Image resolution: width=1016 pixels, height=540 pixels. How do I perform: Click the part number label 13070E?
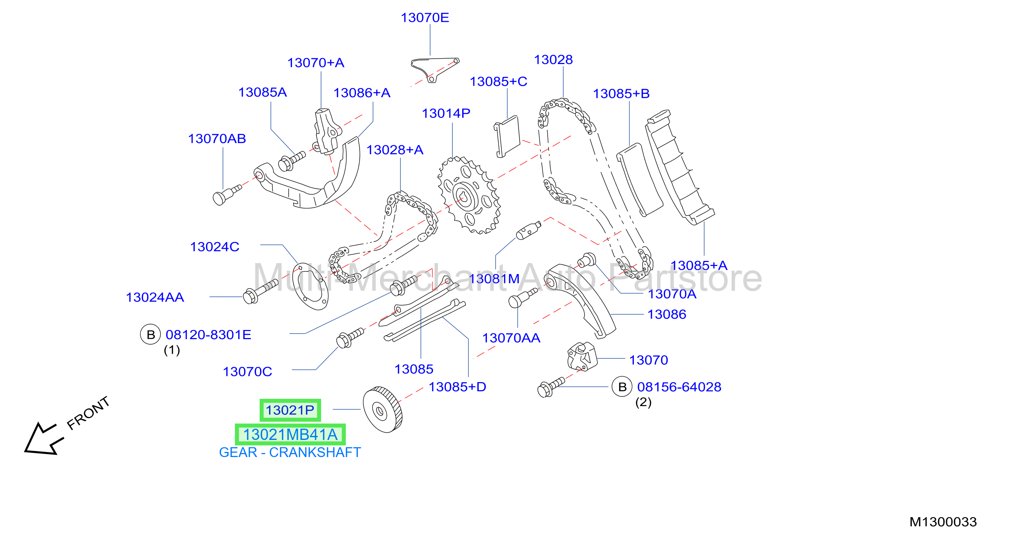(x=425, y=18)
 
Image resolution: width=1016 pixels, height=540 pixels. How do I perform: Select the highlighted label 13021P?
(x=290, y=410)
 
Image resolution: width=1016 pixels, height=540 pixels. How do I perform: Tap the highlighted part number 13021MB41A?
(x=290, y=434)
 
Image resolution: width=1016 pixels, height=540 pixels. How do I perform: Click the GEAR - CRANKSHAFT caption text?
(x=290, y=452)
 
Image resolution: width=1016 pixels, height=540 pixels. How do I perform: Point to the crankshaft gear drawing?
(x=383, y=410)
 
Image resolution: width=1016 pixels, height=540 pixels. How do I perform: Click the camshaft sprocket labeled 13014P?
(x=469, y=195)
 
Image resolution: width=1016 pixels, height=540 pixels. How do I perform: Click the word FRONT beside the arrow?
(x=88, y=413)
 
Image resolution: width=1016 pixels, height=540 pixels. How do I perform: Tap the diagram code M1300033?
(x=943, y=522)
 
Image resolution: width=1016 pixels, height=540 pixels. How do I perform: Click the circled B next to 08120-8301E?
(x=150, y=334)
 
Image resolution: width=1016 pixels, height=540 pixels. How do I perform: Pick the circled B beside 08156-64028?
(x=622, y=387)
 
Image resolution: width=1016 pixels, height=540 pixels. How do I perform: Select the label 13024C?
(x=215, y=247)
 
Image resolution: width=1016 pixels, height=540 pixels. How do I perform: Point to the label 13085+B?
(x=621, y=94)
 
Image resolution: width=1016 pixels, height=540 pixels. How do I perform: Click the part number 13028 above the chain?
(x=553, y=60)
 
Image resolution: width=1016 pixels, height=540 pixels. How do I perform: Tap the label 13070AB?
(x=217, y=139)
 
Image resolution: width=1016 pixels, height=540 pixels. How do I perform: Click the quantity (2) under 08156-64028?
(x=643, y=402)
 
